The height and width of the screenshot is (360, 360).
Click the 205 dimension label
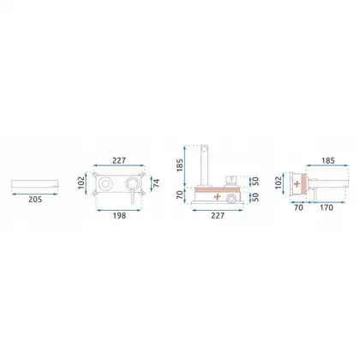(35, 200)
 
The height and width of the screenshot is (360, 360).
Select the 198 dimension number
(119, 215)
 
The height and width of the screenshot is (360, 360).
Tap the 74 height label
(156, 183)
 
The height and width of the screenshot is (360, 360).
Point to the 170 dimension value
(327, 207)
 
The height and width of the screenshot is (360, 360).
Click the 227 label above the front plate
(119, 160)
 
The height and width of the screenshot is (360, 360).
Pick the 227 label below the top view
(218, 215)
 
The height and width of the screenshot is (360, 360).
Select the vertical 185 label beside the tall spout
(180, 165)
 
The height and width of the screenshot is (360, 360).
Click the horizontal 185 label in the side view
(327, 160)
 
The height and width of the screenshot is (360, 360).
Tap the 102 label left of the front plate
(81, 183)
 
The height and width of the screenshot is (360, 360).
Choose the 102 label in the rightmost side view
(279, 183)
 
